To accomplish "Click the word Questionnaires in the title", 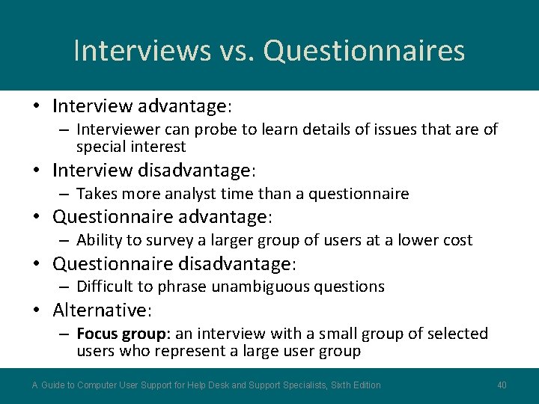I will pos(365,51).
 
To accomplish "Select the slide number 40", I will pos(502,385).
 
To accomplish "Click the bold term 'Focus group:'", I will pos(124,334).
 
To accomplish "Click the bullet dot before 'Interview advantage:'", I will pos(37,107).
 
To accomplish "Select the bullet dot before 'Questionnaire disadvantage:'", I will pos(37,264).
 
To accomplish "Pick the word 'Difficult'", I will pos(104,287).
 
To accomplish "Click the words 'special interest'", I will pos(130,147).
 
